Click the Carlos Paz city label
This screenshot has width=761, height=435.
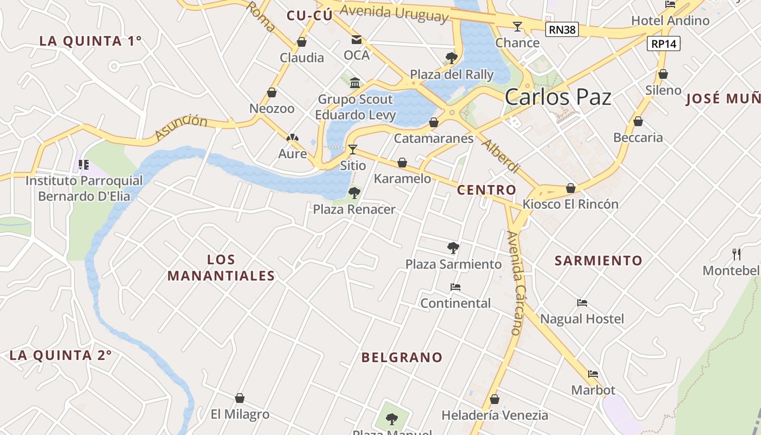point(558,97)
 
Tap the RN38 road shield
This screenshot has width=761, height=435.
point(562,29)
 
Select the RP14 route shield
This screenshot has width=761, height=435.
point(664,43)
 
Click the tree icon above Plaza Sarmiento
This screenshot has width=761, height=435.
point(453,248)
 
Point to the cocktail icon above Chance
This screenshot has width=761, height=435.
point(517,26)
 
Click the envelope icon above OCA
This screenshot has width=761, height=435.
point(357,39)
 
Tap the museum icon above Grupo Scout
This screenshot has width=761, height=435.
point(355,83)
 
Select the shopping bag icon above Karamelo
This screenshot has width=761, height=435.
point(402,163)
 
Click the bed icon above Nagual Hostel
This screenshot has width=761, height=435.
point(582,302)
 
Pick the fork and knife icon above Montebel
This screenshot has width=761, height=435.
point(737,253)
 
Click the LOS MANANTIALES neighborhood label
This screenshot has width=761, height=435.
point(221,268)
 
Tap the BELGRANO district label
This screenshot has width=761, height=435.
point(402,357)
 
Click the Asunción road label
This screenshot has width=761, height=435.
point(181,128)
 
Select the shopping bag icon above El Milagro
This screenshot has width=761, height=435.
point(239,398)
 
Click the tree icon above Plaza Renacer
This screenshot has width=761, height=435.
point(354,192)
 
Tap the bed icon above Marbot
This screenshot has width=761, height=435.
point(593,374)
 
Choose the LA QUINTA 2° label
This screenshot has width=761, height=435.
point(60,356)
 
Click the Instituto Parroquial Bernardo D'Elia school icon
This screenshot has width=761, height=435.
point(83,164)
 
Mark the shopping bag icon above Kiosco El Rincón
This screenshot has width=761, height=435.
point(571,188)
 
